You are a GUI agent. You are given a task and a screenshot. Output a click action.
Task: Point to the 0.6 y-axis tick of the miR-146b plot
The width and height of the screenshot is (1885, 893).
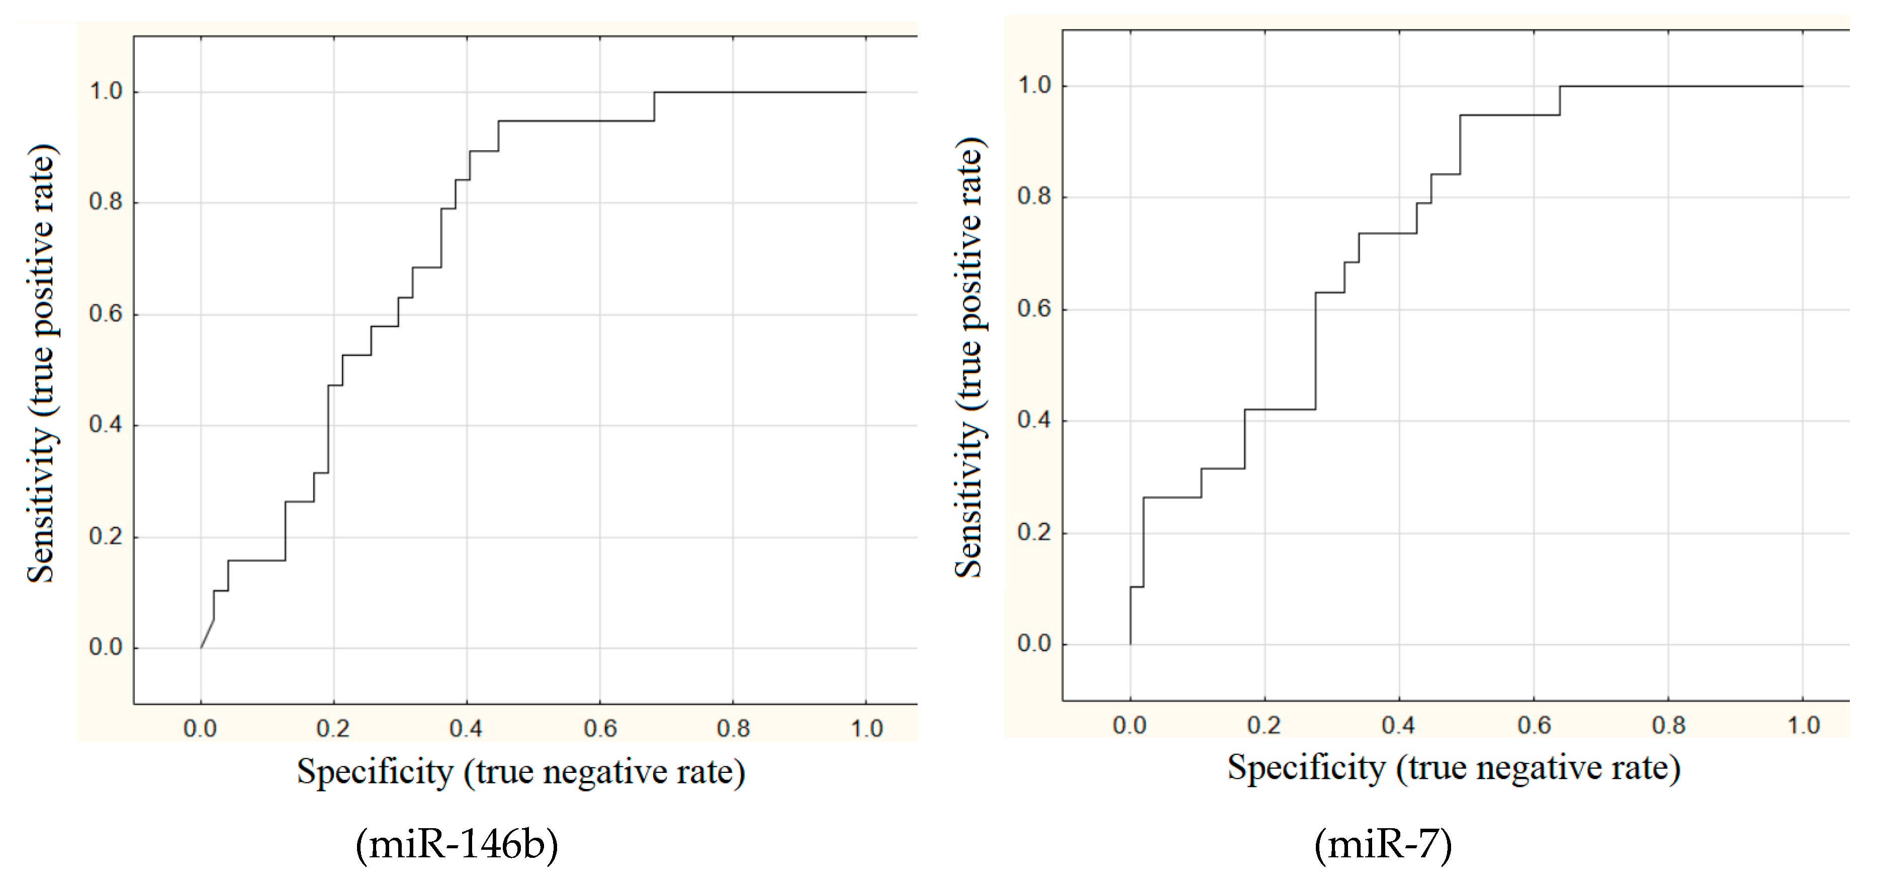click(x=106, y=315)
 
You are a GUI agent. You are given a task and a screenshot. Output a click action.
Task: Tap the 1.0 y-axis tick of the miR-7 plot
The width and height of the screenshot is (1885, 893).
click(x=1034, y=85)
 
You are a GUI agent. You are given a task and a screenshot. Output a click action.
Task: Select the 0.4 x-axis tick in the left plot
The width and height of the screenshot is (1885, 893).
click(x=466, y=729)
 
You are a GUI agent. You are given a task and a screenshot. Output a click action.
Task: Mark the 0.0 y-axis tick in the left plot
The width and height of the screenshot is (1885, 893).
click(x=106, y=647)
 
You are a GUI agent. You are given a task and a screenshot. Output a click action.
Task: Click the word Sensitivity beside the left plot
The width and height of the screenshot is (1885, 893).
click(x=41, y=505)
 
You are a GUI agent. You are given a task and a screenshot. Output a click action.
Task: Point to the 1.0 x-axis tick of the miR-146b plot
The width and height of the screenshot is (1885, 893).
click(x=866, y=729)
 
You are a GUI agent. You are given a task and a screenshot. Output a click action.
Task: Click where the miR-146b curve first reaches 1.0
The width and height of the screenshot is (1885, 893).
click(x=654, y=92)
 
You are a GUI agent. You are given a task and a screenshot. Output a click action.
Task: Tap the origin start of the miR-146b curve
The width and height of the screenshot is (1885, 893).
click(x=201, y=647)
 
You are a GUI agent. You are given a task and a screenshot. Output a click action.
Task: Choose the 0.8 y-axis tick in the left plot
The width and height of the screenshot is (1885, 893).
click(x=106, y=203)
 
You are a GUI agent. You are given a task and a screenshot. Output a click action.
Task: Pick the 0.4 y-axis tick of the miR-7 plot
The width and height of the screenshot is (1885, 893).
click(x=1034, y=421)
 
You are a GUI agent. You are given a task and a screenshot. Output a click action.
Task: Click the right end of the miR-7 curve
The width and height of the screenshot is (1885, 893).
click(x=1803, y=86)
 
